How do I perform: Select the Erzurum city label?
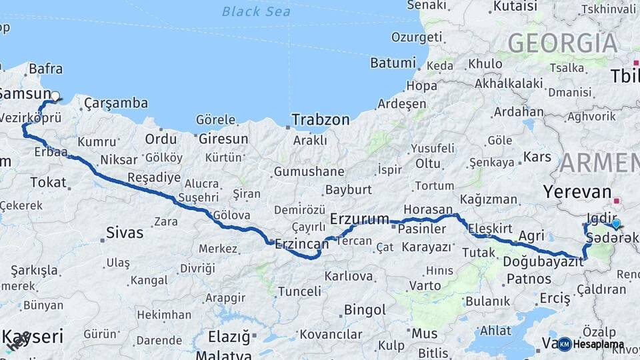point(360,218)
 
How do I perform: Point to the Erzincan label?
point(302,244)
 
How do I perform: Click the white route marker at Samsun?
point(55,96)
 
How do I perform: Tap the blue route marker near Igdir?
point(616,225)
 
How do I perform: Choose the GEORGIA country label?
point(563,43)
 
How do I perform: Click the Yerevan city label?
point(577,192)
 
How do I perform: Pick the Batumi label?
point(393,63)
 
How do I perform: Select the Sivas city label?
point(125,233)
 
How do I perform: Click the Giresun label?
point(223,139)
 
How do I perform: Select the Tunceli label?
point(299,291)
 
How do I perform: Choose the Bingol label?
point(365,310)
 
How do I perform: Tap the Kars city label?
point(537,157)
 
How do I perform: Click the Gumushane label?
point(309,172)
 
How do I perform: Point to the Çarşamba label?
point(116,103)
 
